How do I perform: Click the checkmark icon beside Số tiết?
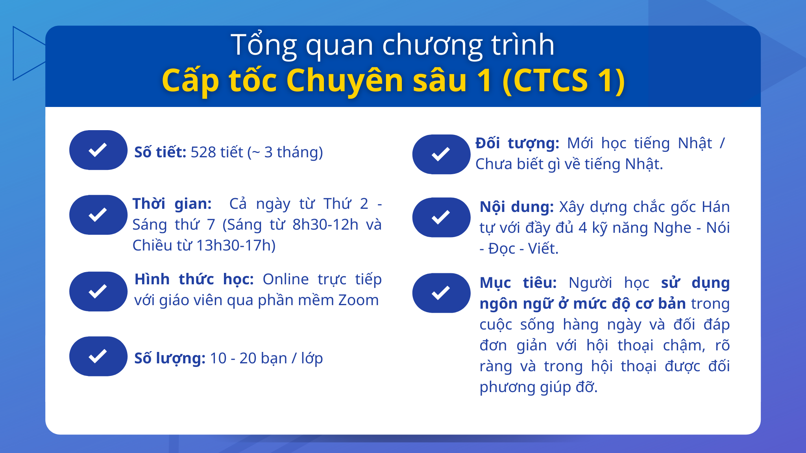tap(98, 150)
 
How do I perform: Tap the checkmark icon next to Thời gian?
tap(98, 215)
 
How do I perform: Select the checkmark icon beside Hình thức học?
tap(98, 291)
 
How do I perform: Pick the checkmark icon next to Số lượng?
tap(98, 356)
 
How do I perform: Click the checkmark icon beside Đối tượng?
tap(441, 154)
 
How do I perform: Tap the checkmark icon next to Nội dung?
tap(441, 217)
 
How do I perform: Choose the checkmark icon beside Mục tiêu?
tap(441, 293)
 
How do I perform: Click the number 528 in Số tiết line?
tap(203, 152)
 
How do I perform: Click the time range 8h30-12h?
tap(325, 225)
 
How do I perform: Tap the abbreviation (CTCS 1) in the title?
tap(564, 81)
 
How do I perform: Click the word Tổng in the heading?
tap(263, 45)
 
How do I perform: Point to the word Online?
tap(286, 279)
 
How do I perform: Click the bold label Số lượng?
tap(170, 358)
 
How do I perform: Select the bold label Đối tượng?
tap(517, 143)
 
